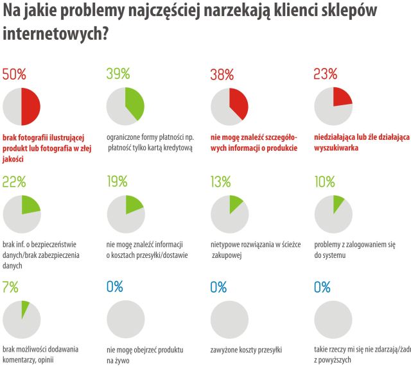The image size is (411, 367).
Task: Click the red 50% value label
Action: pos(15,74)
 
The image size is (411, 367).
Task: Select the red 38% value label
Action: pos(222,74)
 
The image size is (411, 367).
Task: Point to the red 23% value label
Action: pos(325,74)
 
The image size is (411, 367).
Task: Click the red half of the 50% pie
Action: pos(31,107)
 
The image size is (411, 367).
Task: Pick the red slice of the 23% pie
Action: pos(341,97)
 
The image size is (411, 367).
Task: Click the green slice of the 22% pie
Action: pos(30,205)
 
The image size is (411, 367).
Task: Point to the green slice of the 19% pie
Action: pos(133,205)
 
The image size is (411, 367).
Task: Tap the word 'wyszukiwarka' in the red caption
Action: pos(336,148)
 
